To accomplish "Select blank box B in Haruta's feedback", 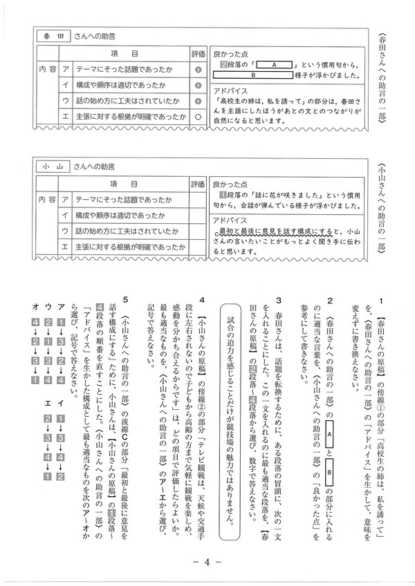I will point(254,75).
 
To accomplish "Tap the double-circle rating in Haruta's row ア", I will point(198,69).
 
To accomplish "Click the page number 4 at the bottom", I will point(207,563).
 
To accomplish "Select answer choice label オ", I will point(35,305).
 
